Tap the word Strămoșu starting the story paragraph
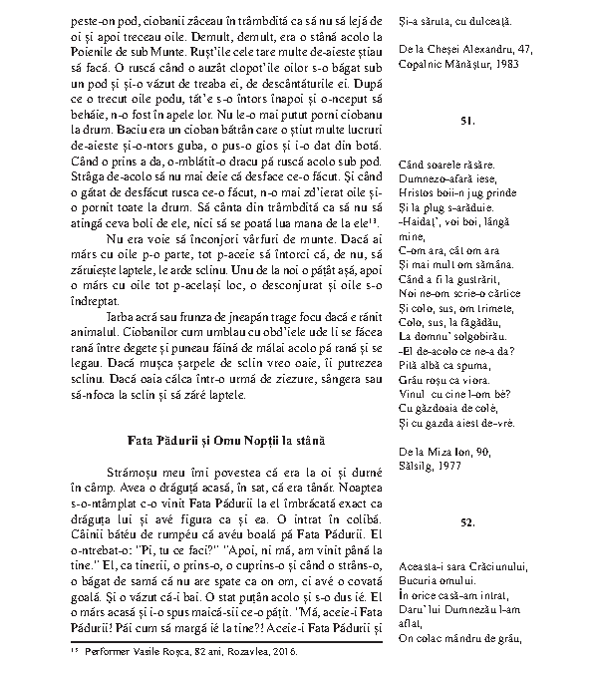coord(129,471)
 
